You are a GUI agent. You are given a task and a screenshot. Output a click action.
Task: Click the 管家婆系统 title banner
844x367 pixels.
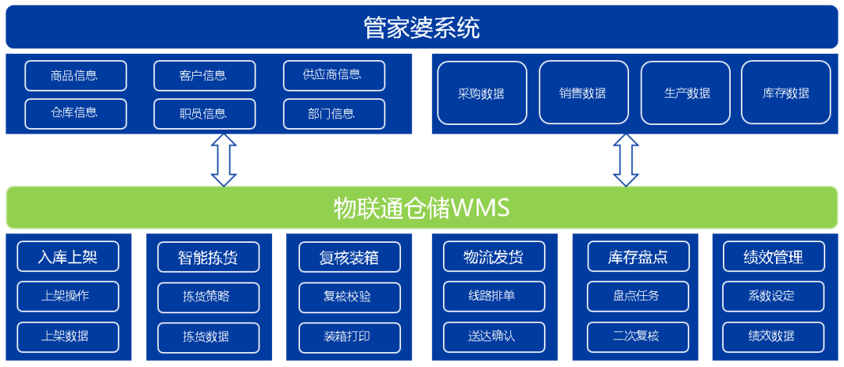(x=422, y=27)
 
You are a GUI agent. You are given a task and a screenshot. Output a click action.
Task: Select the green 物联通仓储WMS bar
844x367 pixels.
(x=422, y=208)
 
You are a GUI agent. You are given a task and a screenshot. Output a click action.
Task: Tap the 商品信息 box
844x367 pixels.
(x=76, y=75)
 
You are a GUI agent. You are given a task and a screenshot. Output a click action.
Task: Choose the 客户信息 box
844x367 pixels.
(x=205, y=75)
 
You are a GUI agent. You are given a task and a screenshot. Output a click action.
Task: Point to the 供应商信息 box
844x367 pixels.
(x=334, y=75)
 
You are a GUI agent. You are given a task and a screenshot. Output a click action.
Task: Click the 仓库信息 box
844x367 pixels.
(x=76, y=113)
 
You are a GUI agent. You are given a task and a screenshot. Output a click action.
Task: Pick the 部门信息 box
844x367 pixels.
(x=334, y=113)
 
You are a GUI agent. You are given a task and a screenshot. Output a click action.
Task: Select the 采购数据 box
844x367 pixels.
(x=481, y=93)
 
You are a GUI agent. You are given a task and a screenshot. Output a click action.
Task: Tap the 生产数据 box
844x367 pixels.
(x=685, y=93)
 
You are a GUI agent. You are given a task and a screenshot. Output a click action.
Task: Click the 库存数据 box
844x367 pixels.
(x=786, y=93)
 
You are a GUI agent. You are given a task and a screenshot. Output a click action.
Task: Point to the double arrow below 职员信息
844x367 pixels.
(x=224, y=160)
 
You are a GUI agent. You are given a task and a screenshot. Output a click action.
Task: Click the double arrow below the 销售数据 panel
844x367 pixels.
(x=626, y=160)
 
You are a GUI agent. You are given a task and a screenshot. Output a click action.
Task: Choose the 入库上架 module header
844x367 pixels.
(x=68, y=257)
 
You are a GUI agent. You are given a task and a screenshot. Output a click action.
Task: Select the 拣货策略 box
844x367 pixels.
(x=209, y=297)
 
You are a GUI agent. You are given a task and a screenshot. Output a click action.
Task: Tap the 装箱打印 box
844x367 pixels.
(x=349, y=337)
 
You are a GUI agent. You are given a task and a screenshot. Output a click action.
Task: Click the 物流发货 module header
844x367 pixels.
(x=494, y=257)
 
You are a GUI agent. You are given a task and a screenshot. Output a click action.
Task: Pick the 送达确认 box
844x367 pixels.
(x=494, y=337)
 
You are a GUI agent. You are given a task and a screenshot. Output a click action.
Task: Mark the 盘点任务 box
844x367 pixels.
(x=638, y=297)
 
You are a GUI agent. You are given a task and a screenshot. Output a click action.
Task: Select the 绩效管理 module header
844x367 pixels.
(x=774, y=257)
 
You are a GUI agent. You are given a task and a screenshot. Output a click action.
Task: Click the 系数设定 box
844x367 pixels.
(x=774, y=297)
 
